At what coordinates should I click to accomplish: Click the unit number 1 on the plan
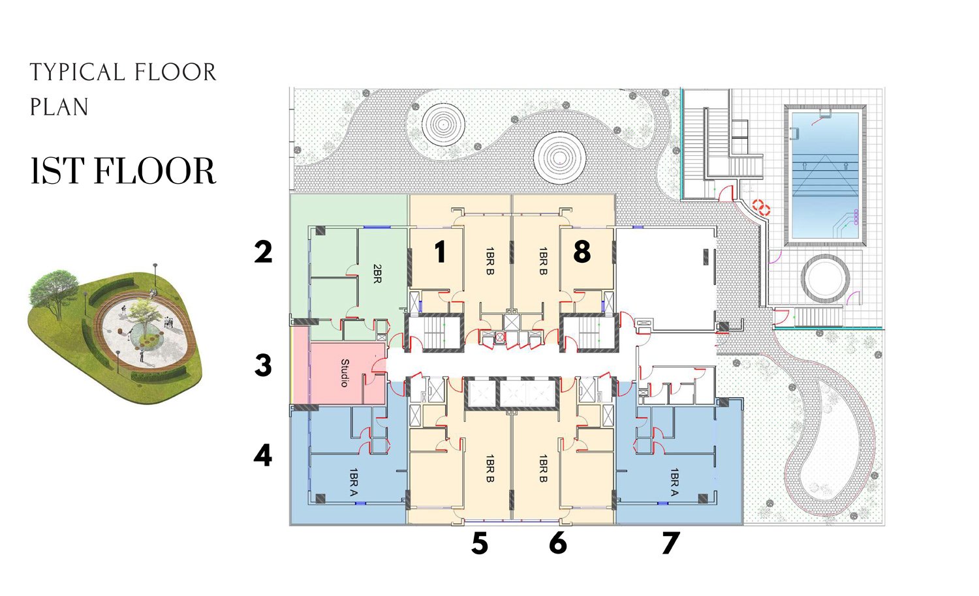[440, 252]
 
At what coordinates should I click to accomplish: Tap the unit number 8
[582, 252]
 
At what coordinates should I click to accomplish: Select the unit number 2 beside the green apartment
[263, 252]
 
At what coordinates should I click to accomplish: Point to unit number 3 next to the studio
[263, 365]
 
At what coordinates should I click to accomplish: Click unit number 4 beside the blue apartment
[262, 455]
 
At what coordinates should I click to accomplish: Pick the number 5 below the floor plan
[480, 544]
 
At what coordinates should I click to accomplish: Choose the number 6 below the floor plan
[558, 543]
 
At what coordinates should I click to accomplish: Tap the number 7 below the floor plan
[671, 543]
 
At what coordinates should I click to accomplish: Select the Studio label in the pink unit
[345, 373]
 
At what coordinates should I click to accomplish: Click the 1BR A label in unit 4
[354, 483]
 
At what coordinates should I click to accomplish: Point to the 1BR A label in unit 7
[674, 482]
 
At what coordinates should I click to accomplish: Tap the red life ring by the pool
[761, 207]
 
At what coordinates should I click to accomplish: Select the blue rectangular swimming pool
[825, 175]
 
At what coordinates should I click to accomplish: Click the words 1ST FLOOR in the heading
[123, 170]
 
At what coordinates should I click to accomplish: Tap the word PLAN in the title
[59, 106]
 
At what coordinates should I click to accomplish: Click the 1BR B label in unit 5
[490, 468]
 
